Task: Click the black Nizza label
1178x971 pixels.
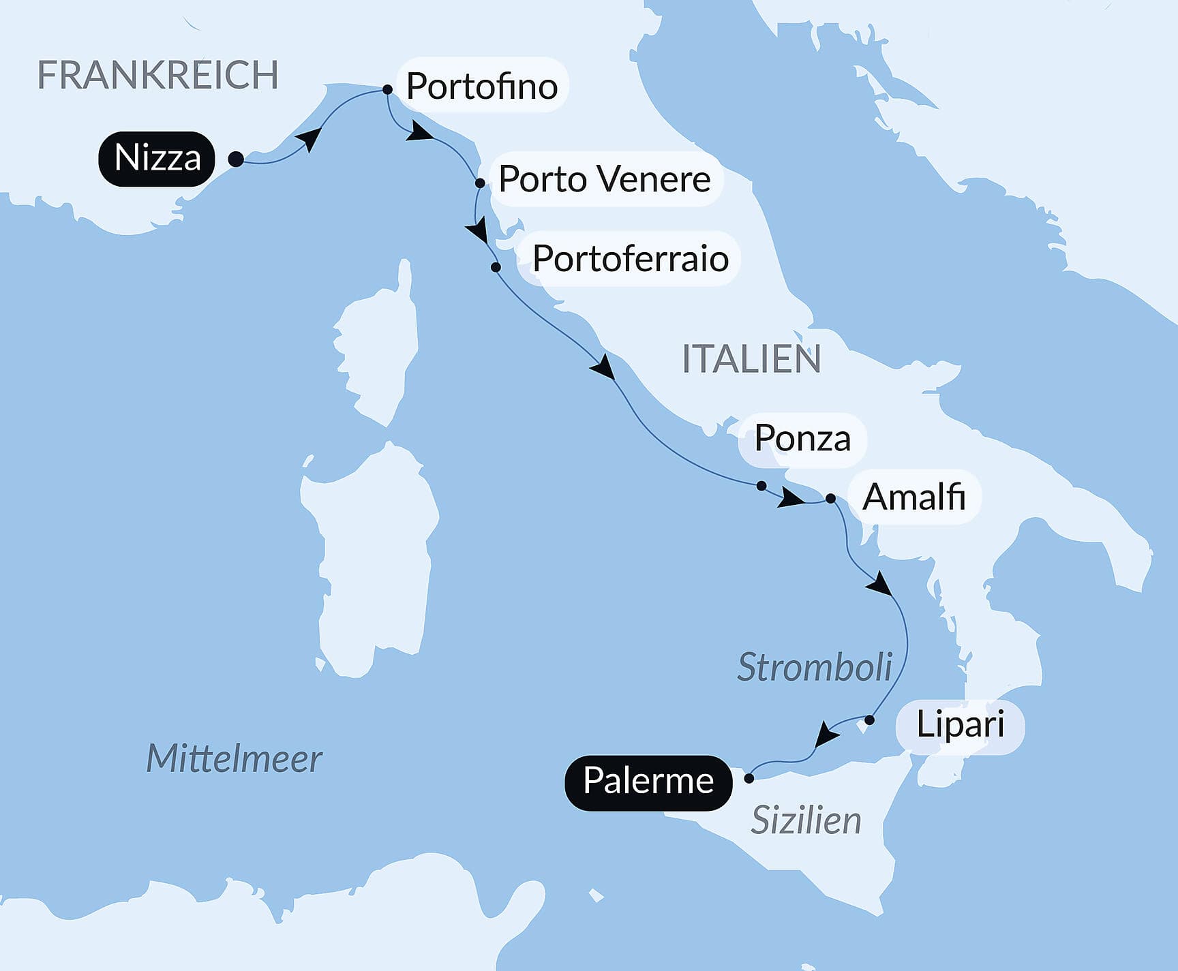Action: [157, 159]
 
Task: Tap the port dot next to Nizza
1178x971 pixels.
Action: [236, 159]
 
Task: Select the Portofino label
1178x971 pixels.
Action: [482, 86]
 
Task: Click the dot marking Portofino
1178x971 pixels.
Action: [387, 89]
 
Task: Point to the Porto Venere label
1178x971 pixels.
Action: [604, 179]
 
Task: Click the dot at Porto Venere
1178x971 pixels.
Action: [480, 183]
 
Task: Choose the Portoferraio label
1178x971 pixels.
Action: [630, 259]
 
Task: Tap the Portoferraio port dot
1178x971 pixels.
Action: [496, 267]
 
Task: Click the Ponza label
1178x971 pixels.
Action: [802, 439]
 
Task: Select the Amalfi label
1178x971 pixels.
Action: [913, 497]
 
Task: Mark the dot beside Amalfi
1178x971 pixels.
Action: [830, 499]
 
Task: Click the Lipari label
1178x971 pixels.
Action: [960, 724]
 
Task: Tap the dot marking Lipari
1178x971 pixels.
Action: [869, 720]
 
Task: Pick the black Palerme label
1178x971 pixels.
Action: [648, 782]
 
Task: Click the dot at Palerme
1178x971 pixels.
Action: [749, 778]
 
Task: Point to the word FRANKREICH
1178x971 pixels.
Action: [157, 75]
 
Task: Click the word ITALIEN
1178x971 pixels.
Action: [751, 359]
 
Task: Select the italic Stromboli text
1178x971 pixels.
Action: [815, 667]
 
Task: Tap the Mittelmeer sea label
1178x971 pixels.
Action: [234, 758]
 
